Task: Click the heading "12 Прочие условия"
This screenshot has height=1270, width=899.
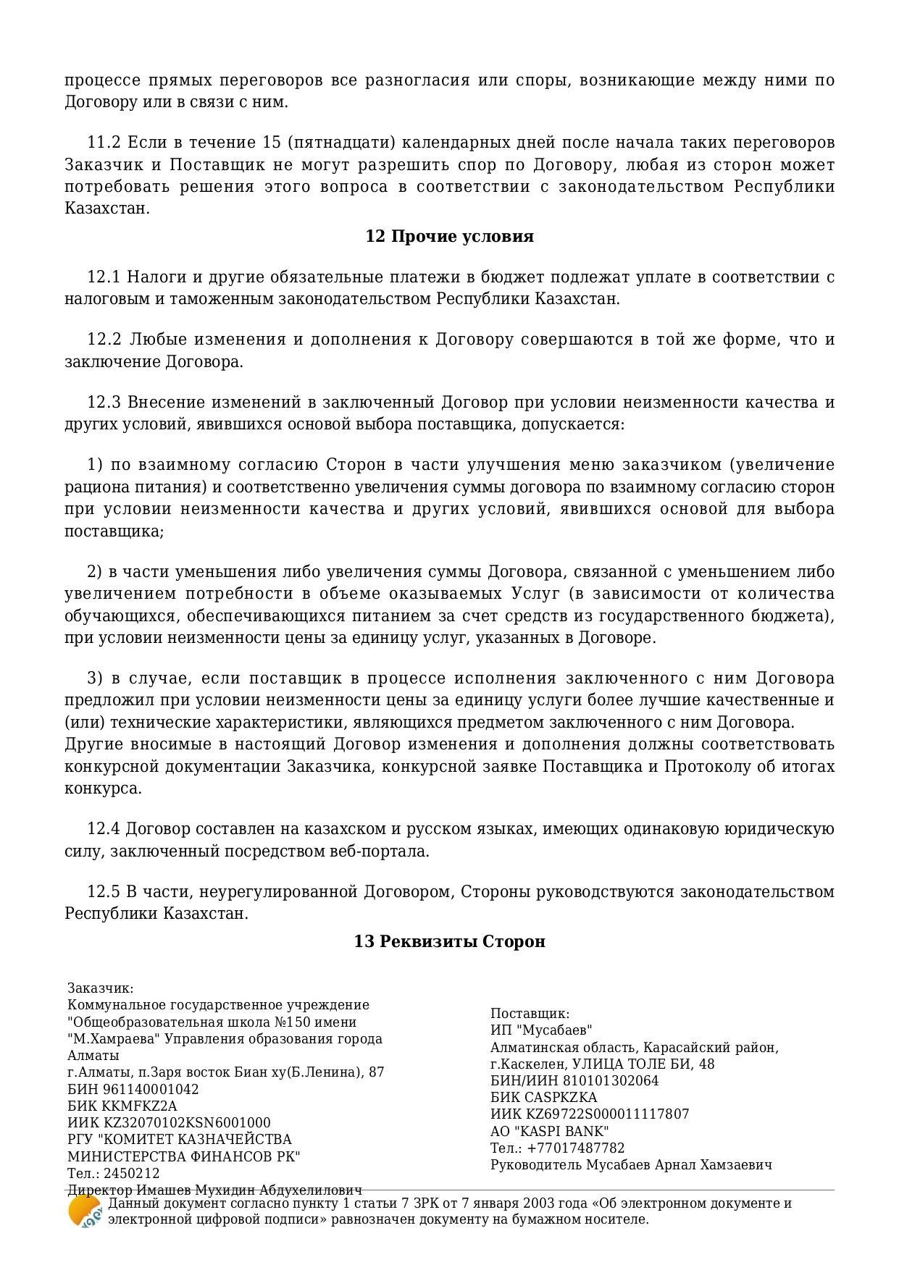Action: [x=449, y=237]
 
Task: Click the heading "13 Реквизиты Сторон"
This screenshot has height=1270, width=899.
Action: [x=449, y=941]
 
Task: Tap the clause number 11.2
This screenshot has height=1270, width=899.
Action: [x=103, y=143]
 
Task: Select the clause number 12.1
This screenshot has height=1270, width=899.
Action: [x=103, y=277]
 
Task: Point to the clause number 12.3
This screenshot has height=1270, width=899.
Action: [x=103, y=403]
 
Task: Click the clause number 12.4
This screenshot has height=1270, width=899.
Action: [x=103, y=829]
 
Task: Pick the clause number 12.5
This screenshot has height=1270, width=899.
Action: [x=103, y=892]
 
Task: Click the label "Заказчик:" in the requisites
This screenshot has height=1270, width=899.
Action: [x=101, y=988]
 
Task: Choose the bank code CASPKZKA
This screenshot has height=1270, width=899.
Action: [x=561, y=1098]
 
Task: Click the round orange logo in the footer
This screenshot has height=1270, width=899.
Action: [x=84, y=1212]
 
